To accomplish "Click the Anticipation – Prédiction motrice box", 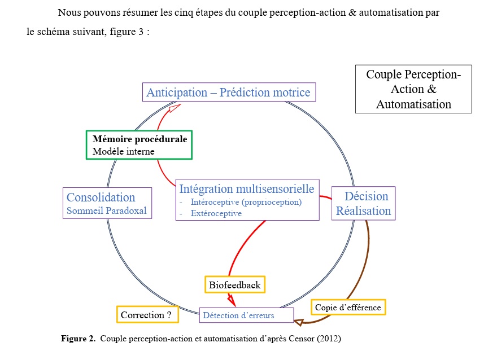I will coord(228,92).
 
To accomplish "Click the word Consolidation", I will coord(101,197).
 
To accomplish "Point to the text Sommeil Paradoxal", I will coord(107,211).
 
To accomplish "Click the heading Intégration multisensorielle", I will coord(246,188).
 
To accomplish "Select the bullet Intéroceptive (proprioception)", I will coord(246,202).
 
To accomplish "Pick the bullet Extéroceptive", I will coord(216,213).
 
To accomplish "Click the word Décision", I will coord(367,196).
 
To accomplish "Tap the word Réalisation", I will coord(363,211).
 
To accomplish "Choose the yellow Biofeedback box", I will coord(234,285).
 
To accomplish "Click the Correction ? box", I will coord(147,314).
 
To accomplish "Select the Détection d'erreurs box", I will coord(246,315).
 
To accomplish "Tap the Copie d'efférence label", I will coord(348,308).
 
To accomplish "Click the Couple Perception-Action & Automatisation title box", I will coord(413,89).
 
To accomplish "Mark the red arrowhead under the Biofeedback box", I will coord(232,302).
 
